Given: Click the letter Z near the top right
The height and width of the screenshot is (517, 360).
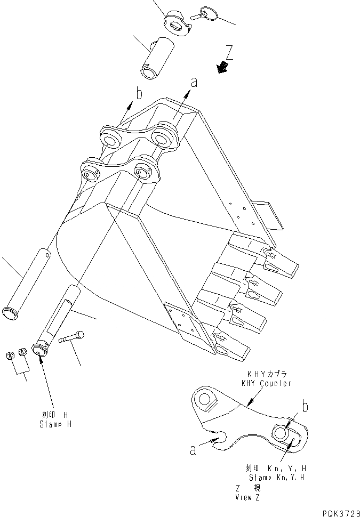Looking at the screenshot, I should pos(229,53).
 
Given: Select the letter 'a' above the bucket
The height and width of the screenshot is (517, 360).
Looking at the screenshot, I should pos(194,82).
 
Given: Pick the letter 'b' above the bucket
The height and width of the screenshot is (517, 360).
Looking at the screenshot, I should pos(139,94).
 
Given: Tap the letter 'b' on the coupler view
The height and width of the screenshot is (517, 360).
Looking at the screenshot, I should pos(305,407).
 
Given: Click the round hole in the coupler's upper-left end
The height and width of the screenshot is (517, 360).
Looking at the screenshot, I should pos(205,398).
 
